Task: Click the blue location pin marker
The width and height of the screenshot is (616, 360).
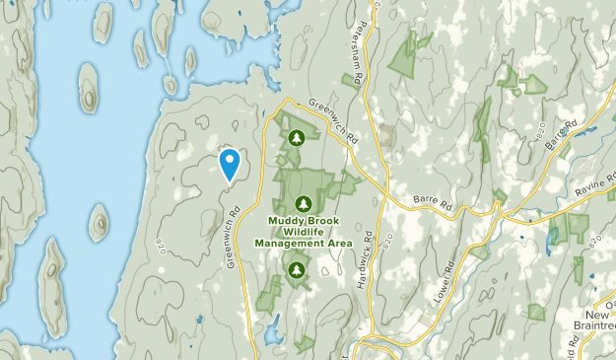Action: click(x=230, y=165)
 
